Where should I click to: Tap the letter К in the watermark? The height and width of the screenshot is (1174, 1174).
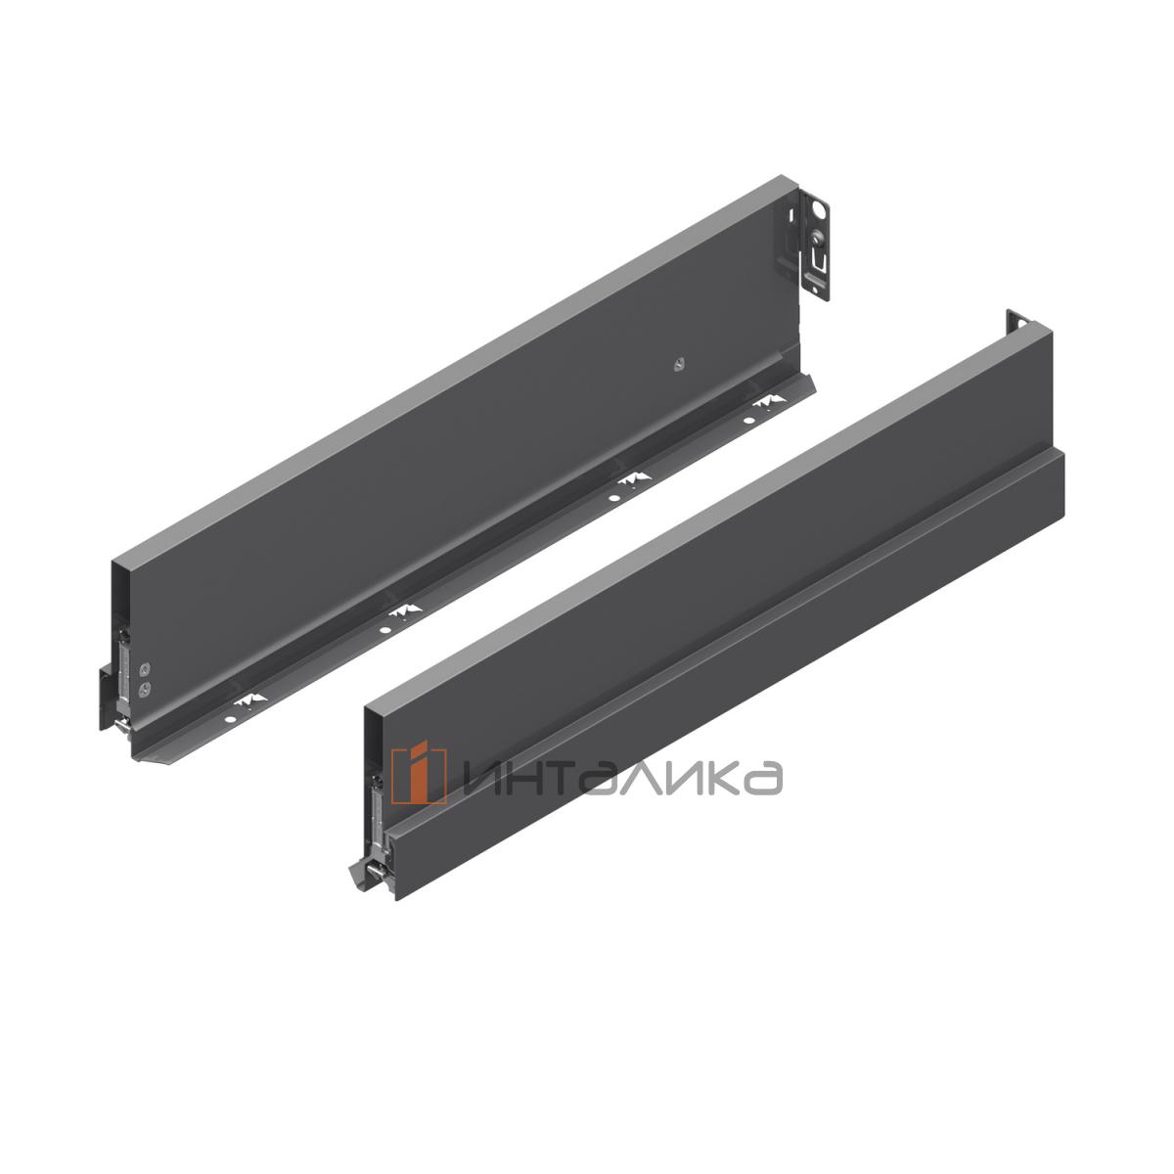pos(730,776)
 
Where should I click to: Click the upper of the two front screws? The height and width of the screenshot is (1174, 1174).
pos(146,670)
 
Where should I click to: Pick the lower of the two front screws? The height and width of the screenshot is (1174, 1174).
pos(146,688)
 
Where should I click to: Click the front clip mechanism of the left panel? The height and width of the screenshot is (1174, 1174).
pos(124,675)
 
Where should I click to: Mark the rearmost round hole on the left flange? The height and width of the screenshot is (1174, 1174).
pos(748,421)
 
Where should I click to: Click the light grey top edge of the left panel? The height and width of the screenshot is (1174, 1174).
pos(450,378)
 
